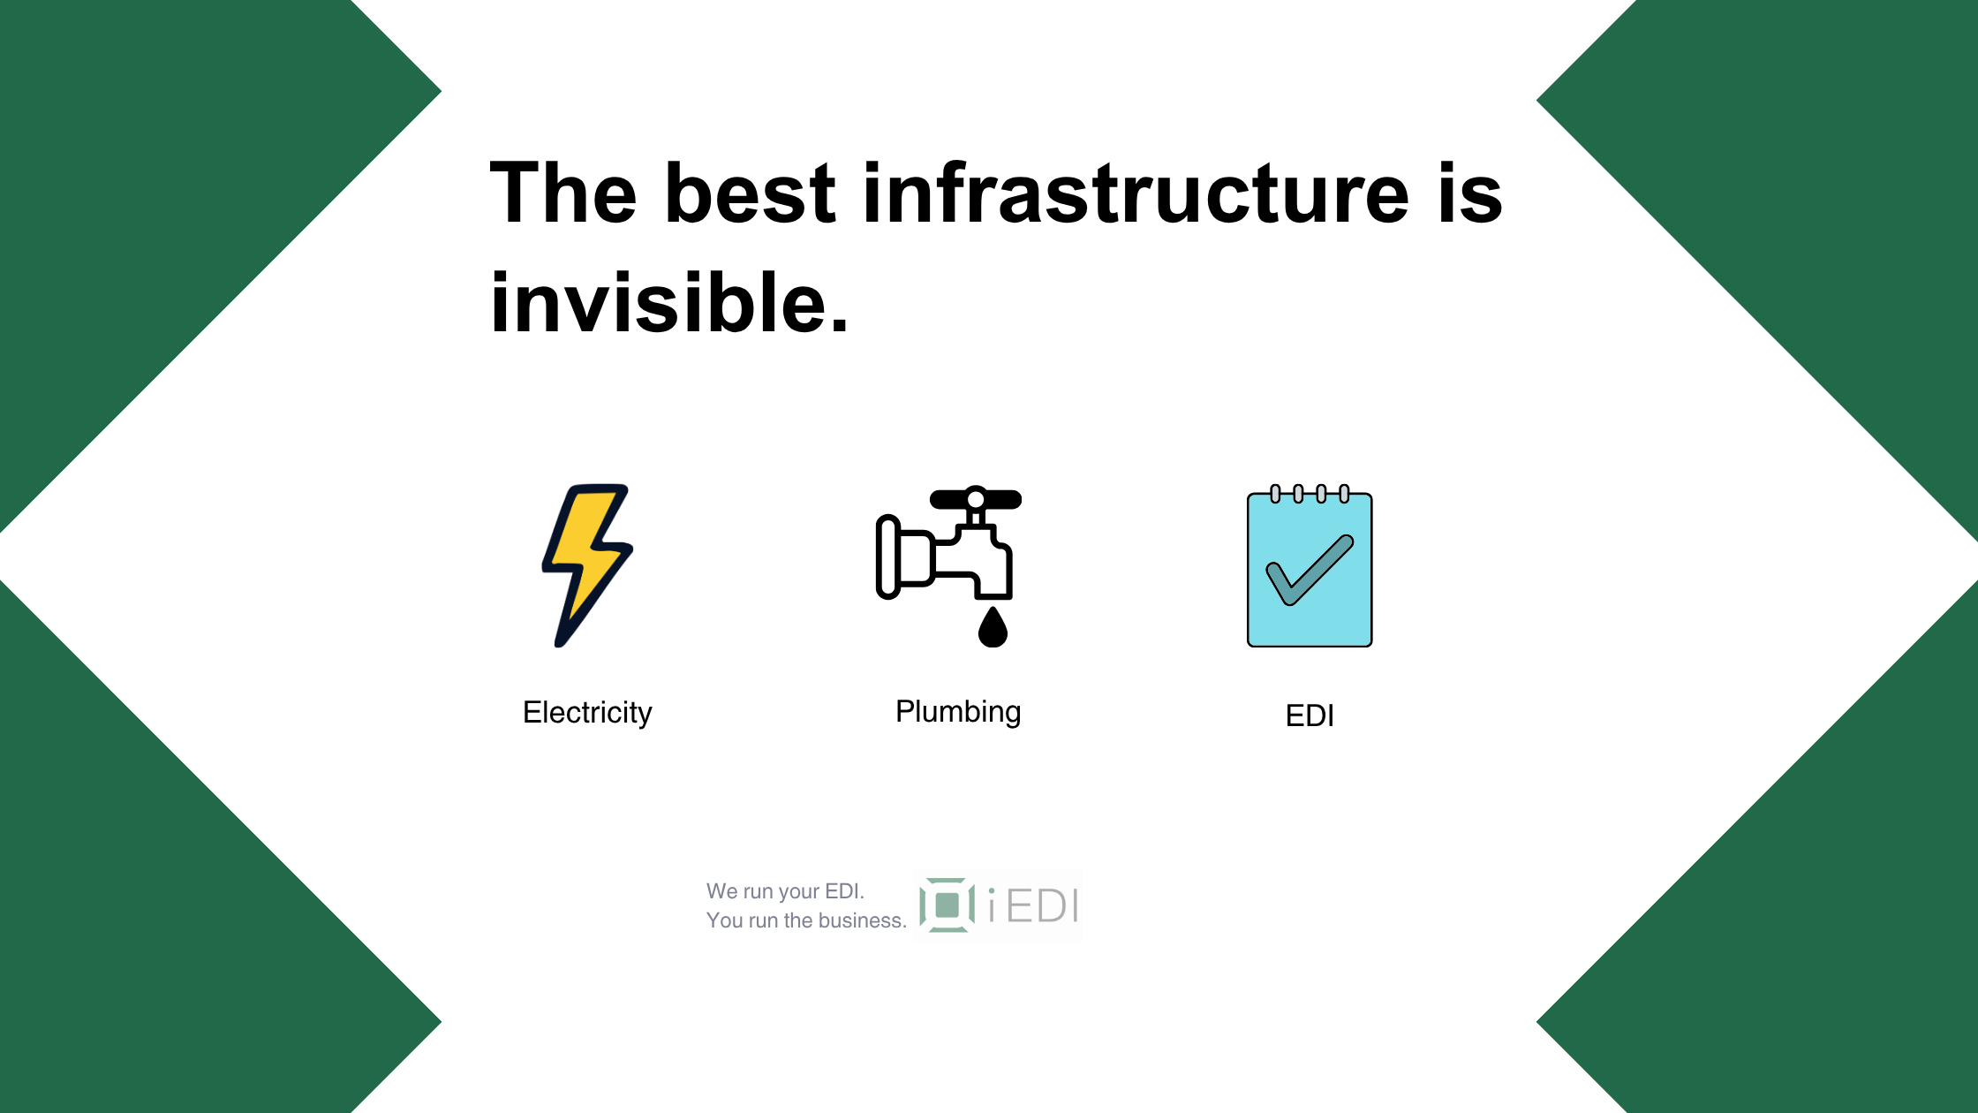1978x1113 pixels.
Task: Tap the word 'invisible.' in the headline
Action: click(x=669, y=303)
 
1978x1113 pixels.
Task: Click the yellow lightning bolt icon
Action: click(x=587, y=565)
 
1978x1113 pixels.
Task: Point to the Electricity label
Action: click(x=587, y=712)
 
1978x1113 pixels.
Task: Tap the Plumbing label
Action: click(x=958, y=712)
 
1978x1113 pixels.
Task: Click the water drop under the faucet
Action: click(x=993, y=627)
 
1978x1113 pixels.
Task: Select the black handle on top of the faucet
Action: click(x=976, y=499)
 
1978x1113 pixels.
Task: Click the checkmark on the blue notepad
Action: click(x=1310, y=571)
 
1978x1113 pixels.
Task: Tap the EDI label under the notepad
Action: click(x=1310, y=715)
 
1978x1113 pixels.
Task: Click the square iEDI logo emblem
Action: click(x=947, y=905)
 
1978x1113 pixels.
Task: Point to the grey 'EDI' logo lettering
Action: click(x=1043, y=906)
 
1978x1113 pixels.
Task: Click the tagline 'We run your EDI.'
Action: click(x=785, y=891)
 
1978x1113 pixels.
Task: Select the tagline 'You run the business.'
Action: click(x=806, y=920)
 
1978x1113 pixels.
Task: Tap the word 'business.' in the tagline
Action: click(x=863, y=920)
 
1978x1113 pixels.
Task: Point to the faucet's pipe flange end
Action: click(x=888, y=557)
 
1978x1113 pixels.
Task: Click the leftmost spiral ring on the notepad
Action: click(x=1275, y=494)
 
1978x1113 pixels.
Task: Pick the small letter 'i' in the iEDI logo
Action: click(x=993, y=906)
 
